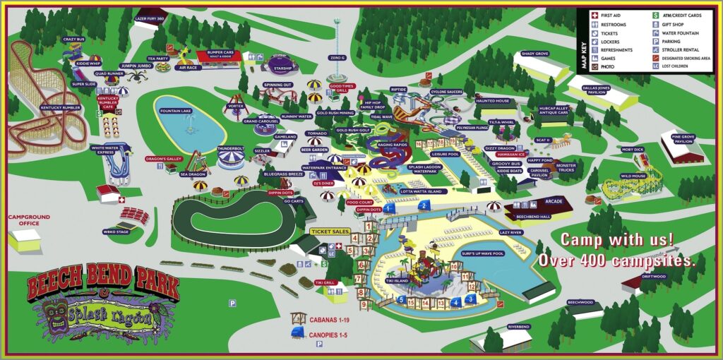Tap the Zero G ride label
337,57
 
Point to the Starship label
282,68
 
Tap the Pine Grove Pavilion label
683,140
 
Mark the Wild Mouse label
634,176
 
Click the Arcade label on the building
554,201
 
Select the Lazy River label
513,232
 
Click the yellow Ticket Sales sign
330,231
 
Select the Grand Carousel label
262,121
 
